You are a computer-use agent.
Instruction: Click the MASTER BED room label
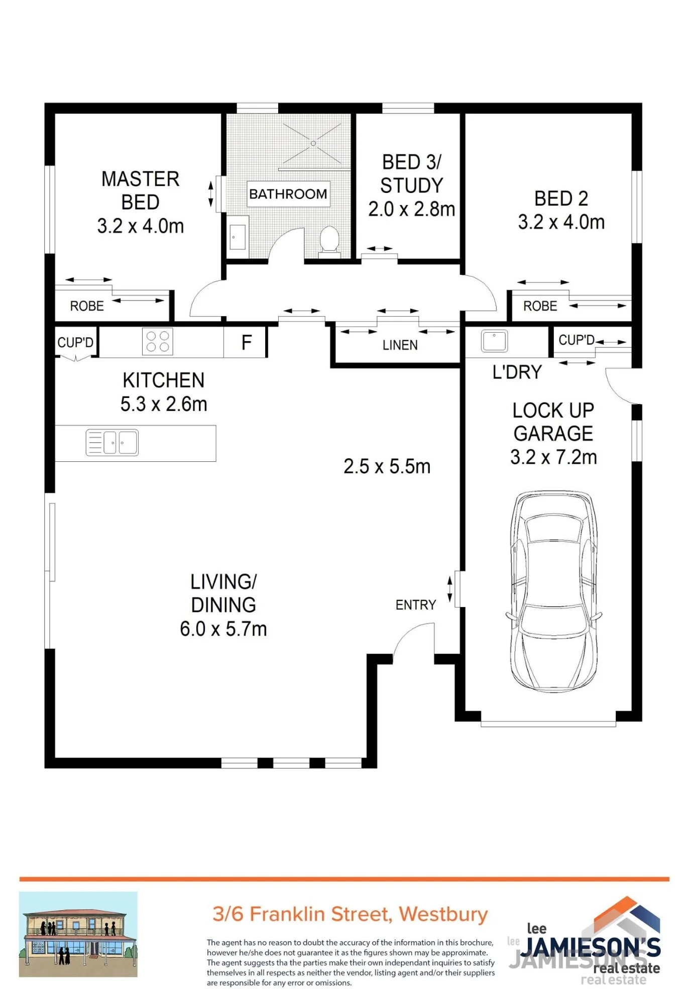pyautogui.click(x=141, y=190)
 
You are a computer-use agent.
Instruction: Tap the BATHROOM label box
pyautogui.click(x=288, y=194)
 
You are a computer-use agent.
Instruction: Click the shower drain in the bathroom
pyautogui.click(x=313, y=144)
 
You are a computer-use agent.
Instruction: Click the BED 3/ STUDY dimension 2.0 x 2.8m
pyautogui.click(x=412, y=209)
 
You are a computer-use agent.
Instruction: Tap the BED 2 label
pyautogui.click(x=561, y=198)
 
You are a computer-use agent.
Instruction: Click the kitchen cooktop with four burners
pyautogui.click(x=158, y=342)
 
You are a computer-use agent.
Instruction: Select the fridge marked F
pyautogui.click(x=245, y=342)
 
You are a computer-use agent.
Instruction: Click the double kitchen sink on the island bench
pyautogui.click(x=112, y=443)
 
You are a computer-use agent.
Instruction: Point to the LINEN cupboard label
pyautogui.click(x=400, y=345)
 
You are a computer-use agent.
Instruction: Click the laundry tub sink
pyautogui.click(x=494, y=341)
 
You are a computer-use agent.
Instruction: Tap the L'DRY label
pyautogui.click(x=517, y=372)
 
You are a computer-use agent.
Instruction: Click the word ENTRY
pyautogui.click(x=416, y=605)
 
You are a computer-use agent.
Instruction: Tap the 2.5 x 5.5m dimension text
pyautogui.click(x=387, y=466)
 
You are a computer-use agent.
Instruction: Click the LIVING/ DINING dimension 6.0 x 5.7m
pyautogui.click(x=223, y=629)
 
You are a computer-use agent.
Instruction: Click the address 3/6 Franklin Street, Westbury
pyautogui.click(x=350, y=914)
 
